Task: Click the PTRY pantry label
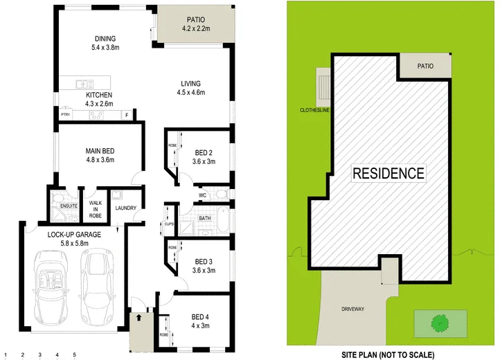click(x=66, y=116)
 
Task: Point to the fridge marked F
click(x=127, y=116)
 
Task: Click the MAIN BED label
click(x=100, y=151)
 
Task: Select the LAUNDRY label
click(x=126, y=208)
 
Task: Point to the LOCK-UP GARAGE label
click(x=75, y=235)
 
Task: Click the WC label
click(x=203, y=195)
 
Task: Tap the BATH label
click(x=205, y=219)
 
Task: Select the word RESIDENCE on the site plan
click(x=388, y=172)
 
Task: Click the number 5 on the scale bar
click(x=74, y=355)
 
